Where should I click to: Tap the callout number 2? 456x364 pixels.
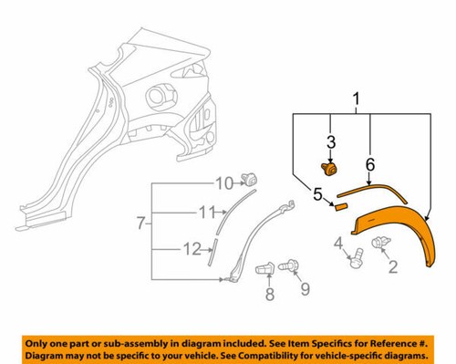tap(394, 265)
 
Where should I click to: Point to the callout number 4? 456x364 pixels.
tap(339, 242)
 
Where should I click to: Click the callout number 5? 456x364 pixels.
tap(318, 192)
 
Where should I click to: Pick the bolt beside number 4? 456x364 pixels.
tap(355, 260)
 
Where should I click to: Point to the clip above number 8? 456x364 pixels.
tap(265, 271)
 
